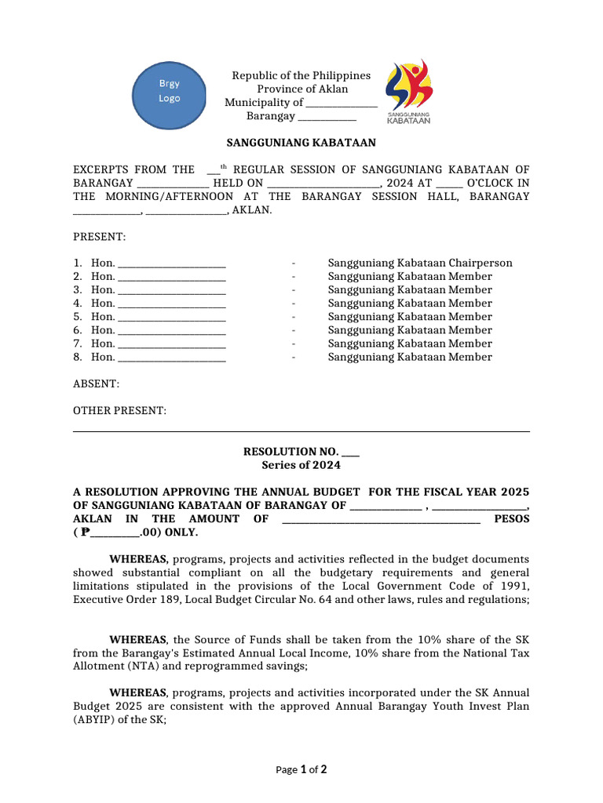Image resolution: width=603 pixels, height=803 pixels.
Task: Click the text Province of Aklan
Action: click(301, 89)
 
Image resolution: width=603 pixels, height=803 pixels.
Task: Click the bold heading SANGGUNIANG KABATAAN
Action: click(301, 143)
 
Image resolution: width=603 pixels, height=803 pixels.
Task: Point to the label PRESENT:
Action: click(99, 237)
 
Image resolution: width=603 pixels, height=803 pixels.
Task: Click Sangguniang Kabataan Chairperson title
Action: click(419, 263)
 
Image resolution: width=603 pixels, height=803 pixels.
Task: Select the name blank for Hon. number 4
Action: click(171, 303)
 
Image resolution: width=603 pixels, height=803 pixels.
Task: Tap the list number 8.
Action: click(77, 357)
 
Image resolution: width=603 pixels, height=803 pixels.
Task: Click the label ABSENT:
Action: click(96, 383)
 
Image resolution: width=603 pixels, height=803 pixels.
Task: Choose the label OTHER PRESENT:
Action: click(119, 411)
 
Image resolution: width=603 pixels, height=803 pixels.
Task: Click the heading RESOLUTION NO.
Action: click(291, 452)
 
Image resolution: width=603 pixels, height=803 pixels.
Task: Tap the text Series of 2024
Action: click(301, 465)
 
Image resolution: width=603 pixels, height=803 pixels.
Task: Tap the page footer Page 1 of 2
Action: click(301, 769)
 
